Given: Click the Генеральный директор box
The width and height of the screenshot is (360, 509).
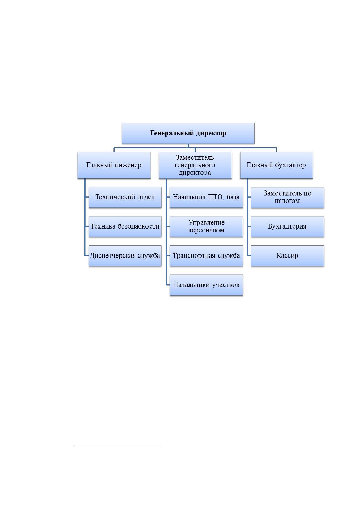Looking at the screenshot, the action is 188,133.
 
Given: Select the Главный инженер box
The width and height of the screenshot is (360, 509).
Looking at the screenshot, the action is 114,165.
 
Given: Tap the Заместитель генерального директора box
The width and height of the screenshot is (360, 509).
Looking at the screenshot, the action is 195,165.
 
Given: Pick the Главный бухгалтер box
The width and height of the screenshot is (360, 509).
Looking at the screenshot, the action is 276,165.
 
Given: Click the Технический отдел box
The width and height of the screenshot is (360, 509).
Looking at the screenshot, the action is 125,197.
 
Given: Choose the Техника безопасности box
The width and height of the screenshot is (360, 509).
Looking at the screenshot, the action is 125,227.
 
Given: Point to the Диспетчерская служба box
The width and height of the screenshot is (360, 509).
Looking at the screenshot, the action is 125,256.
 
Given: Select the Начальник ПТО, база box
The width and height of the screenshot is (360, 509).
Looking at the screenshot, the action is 206,197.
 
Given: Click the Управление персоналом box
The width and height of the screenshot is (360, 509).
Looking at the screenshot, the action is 206,227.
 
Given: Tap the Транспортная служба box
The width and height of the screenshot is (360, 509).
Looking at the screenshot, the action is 206,256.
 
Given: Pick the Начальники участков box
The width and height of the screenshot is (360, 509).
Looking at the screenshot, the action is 206,285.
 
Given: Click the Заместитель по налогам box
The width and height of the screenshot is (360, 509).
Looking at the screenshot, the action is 287,197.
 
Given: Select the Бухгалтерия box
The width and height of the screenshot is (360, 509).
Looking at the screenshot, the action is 287,227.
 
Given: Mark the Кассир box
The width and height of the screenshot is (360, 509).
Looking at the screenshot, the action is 287,256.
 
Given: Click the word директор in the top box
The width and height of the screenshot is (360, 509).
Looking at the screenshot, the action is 211,133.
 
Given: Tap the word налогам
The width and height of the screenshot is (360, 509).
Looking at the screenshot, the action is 287,201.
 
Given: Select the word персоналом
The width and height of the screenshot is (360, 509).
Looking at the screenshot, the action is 206,230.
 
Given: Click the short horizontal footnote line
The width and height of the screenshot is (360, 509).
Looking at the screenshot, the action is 116,446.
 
